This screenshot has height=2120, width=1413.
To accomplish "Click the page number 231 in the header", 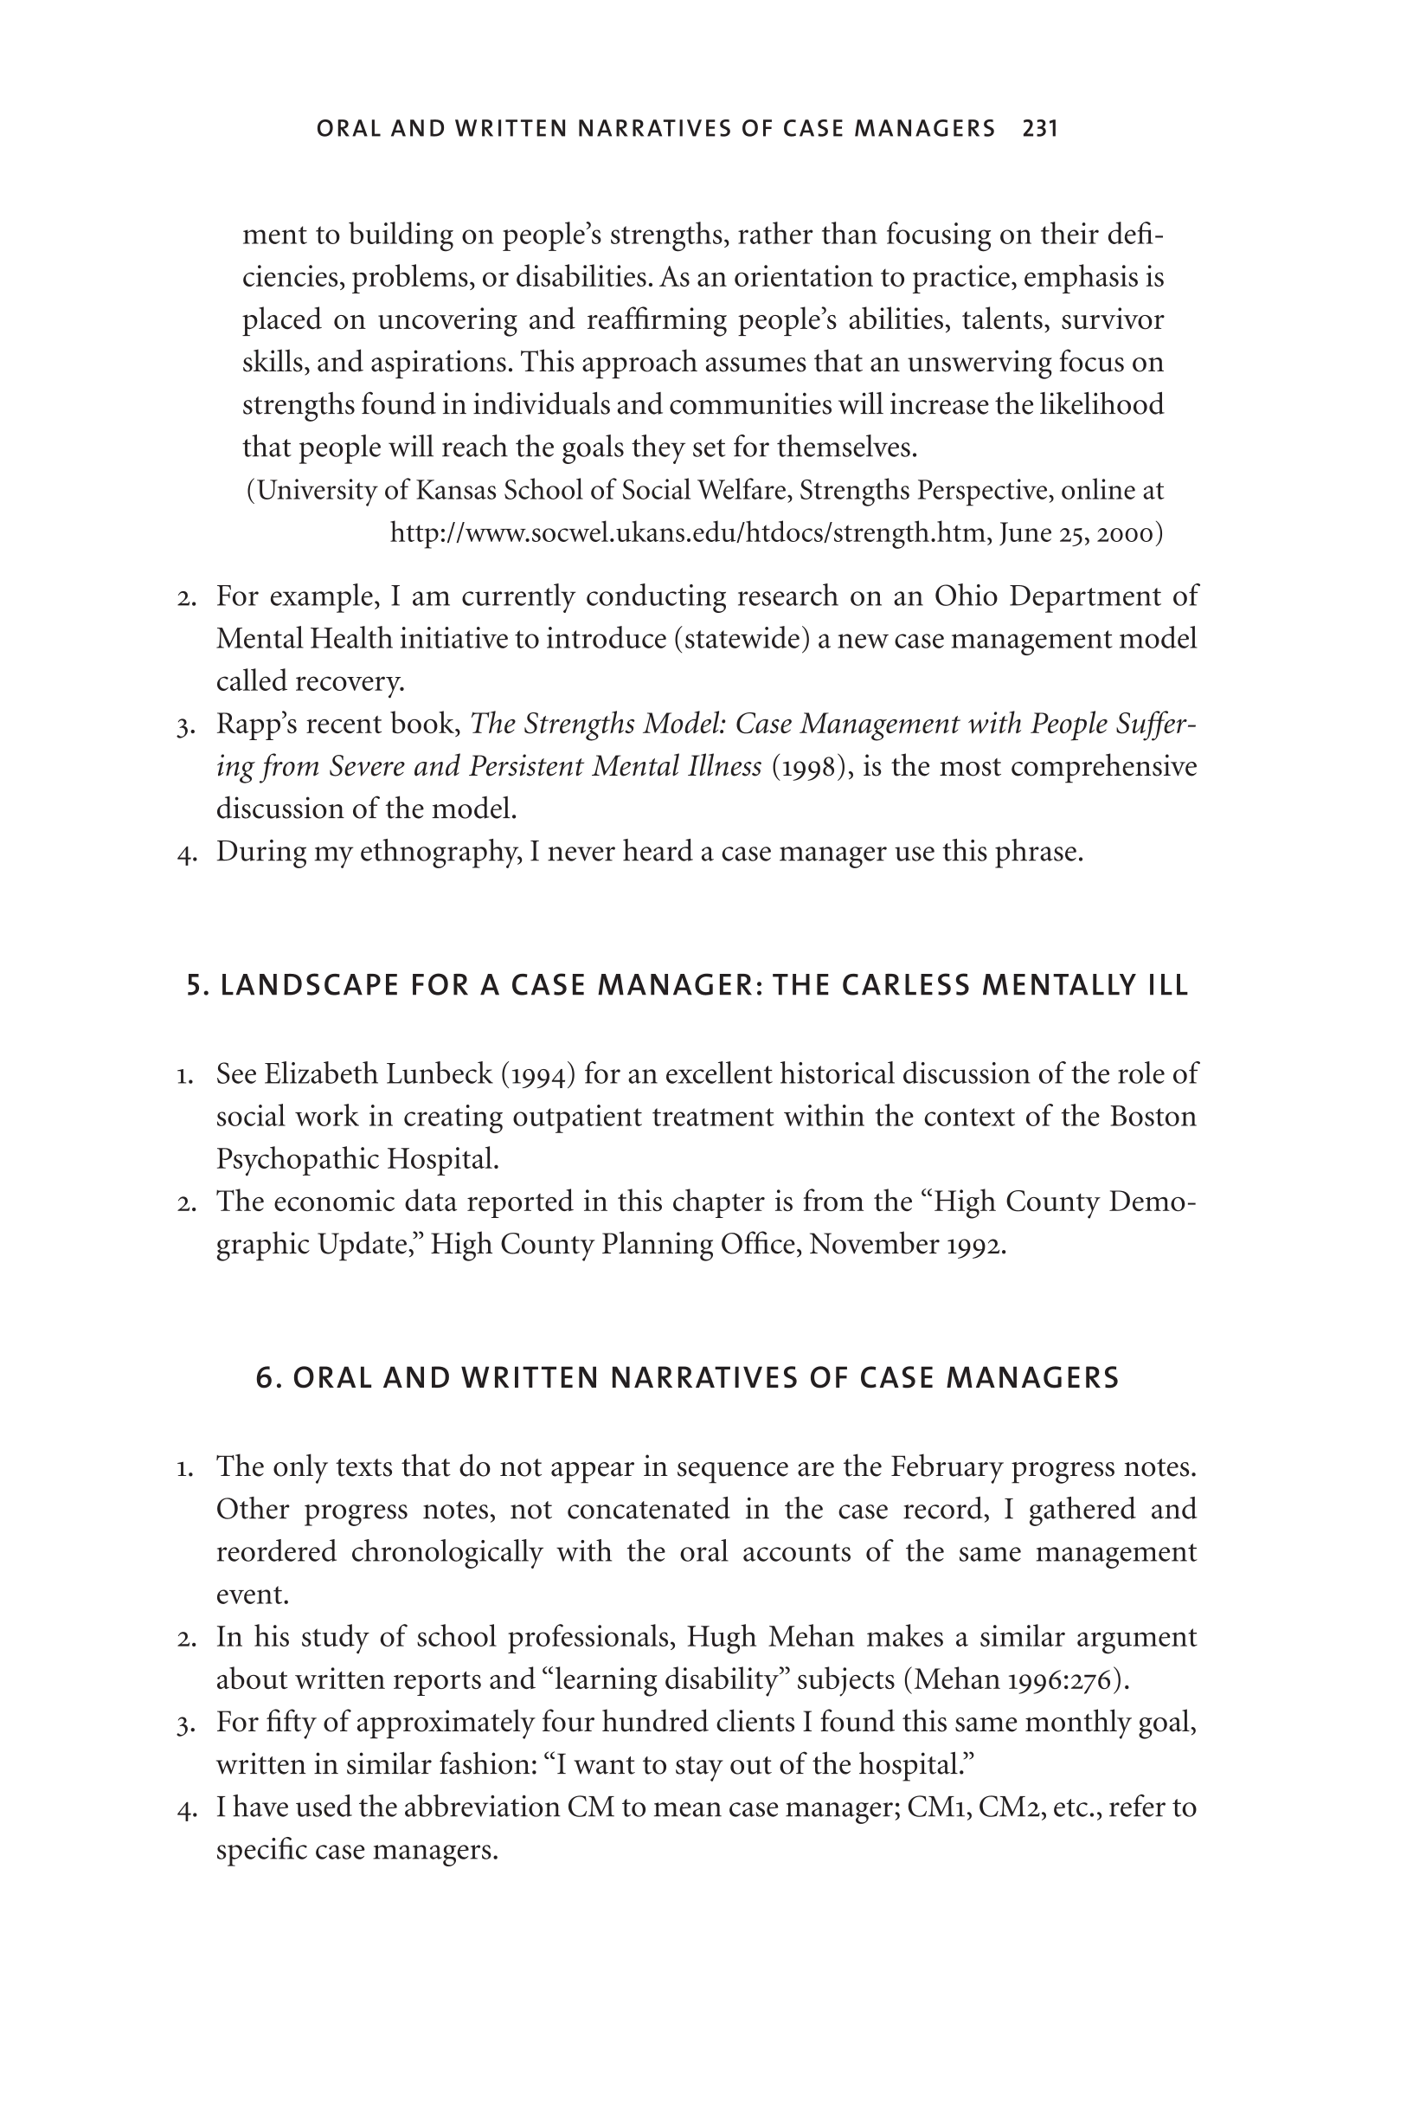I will click(1040, 129).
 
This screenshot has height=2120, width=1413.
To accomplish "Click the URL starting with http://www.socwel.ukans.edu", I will click(690, 533).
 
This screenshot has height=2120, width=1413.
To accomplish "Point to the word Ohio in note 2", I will click(965, 596).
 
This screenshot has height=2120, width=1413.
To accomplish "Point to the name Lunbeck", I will click(436, 1074).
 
